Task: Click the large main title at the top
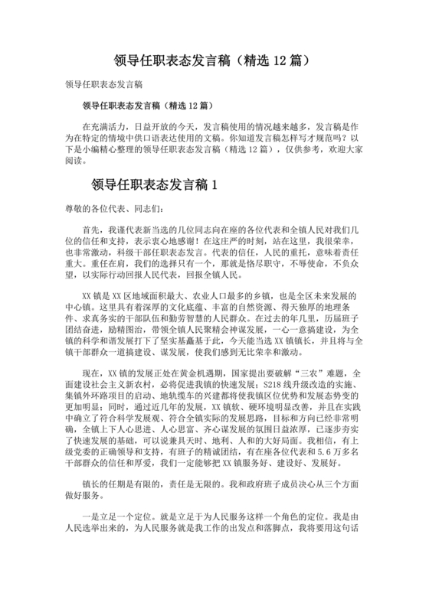[x=214, y=59]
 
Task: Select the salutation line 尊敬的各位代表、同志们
[x=111, y=209]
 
